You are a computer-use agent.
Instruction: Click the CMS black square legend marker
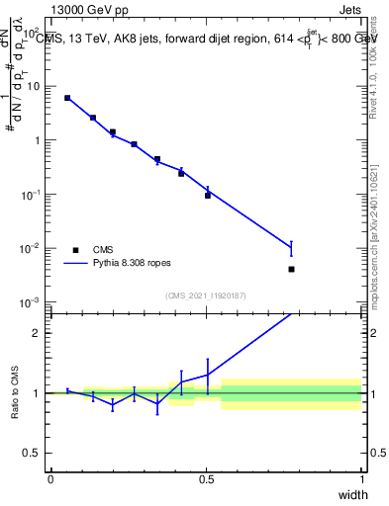(76, 250)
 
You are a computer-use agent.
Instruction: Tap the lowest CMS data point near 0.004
(291, 269)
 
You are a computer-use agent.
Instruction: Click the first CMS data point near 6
(67, 98)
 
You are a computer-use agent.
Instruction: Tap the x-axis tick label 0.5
(206, 480)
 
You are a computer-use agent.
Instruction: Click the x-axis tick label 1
(362, 480)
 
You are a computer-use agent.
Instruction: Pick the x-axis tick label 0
(50, 480)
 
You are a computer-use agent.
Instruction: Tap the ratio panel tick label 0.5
(33, 455)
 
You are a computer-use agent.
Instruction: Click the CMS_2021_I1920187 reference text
(206, 295)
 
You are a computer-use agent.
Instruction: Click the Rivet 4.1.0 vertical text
(380, 59)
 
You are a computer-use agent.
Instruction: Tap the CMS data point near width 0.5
(208, 196)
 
